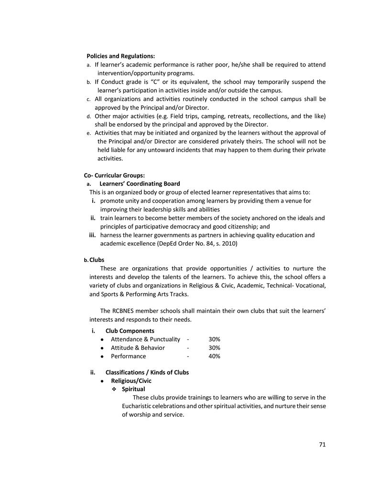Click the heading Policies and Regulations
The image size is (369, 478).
point(120,56)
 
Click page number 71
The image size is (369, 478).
point(322,445)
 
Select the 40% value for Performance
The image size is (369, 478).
point(214,356)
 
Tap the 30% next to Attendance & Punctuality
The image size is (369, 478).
point(214,339)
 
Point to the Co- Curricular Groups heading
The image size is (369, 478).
point(114,175)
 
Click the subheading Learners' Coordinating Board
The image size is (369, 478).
point(140,184)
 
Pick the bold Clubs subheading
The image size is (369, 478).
point(97,260)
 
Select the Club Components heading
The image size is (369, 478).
point(130,331)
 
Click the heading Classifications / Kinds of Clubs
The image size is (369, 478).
point(147,372)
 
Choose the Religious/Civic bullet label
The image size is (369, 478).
point(131,381)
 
